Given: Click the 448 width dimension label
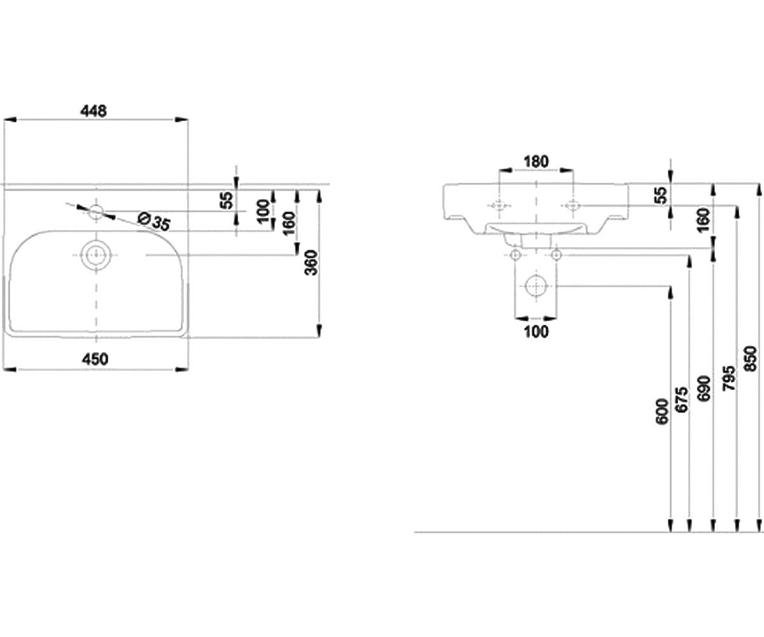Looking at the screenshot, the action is [x=94, y=111].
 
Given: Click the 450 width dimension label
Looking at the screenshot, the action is [x=95, y=359].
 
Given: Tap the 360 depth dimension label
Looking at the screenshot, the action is [x=312, y=262].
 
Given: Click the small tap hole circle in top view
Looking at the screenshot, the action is [x=96, y=212].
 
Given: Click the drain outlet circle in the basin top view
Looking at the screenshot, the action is [x=96, y=255].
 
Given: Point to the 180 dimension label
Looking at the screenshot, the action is [x=536, y=161].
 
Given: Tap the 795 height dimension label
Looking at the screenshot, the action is [x=728, y=378].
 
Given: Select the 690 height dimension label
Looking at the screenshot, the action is [x=705, y=388].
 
